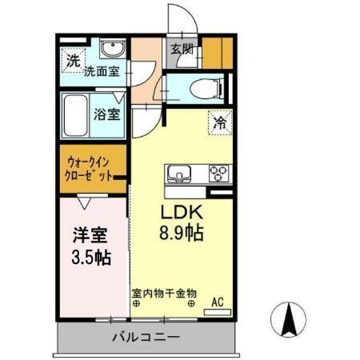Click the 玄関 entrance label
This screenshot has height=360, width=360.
tap(182, 49)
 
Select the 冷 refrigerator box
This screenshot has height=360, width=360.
tap(220, 122)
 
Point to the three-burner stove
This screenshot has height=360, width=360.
tap(218, 172)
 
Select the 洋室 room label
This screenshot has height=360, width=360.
tap(90, 238)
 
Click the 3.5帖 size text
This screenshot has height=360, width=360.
tap(90, 258)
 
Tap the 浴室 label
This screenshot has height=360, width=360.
tap(109, 114)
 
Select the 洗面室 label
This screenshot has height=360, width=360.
tap(103, 71)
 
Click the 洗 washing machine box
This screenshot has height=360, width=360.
tap(73, 59)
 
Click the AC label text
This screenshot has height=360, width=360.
tap(217, 302)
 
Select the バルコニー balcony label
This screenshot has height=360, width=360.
tap(146, 338)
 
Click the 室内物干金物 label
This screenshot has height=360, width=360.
tap(164, 293)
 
